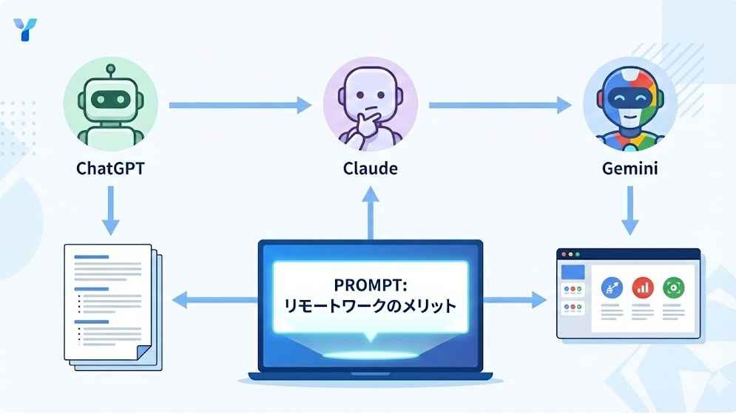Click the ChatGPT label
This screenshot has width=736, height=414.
pyautogui.click(x=110, y=168)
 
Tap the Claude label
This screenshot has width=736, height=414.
pyautogui.click(x=371, y=168)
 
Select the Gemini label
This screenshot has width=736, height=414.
pyautogui.click(x=630, y=168)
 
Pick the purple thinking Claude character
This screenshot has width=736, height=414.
pyautogui.click(x=371, y=104)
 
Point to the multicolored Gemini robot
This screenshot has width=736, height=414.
pyautogui.click(x=630, y=104)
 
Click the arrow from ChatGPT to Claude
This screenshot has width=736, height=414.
pyautogui.click(x=240, y=105)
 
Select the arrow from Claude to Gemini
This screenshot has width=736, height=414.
pyautogui.click(x=500, y=105)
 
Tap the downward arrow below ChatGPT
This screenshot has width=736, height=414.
pyautogui.click(x=111, y=210)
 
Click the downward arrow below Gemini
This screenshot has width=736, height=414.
pyautogui.click(x=630, y=210)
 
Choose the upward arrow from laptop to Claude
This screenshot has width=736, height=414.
pyautogui.click(x=371, y=213)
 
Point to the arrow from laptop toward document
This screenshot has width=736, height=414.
pyautogui.click(x=215, y=300)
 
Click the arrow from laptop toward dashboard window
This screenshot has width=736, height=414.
pyautogui.click(x=515, y=300)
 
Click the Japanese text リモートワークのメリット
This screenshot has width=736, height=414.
pyautogui.click(x=371, y=306)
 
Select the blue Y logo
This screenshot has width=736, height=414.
pyautogui.click(x=25, y=30)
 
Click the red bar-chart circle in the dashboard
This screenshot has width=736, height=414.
pyautogui.click(x=643, y=288)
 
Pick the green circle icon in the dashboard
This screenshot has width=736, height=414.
pyautogui.click(x=673, y=288)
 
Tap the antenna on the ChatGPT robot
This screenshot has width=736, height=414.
pyautogui.click(x=111, y=72)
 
